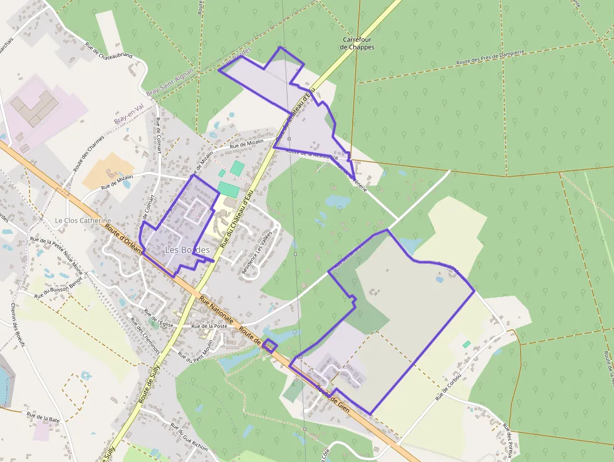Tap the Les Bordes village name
(187, 250)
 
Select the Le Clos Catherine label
(83, 221)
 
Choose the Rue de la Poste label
(209, 327)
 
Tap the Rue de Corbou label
(449, 387)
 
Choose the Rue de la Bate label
(43, 416)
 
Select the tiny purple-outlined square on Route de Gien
(269, 345)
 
